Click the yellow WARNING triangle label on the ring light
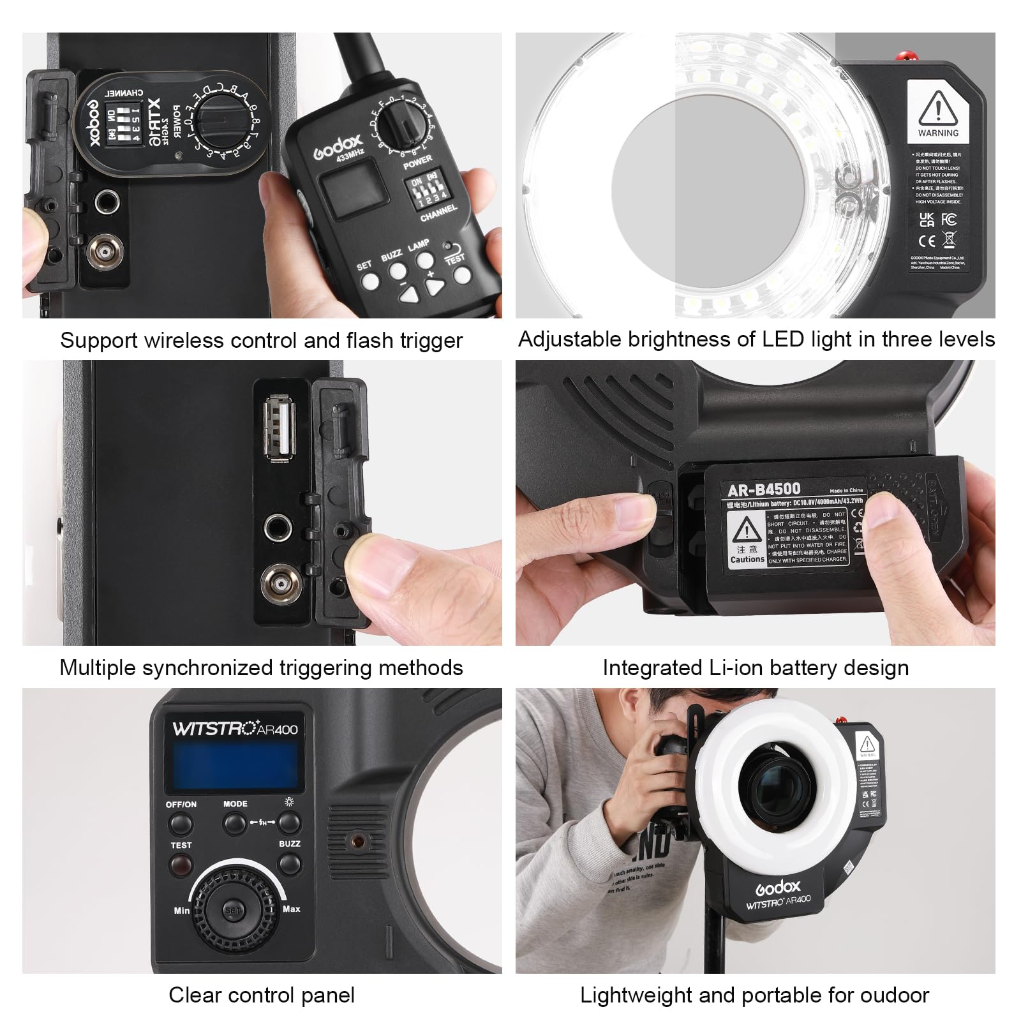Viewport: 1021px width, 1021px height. coord(938,109)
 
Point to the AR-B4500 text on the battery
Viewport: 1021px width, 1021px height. coord(764,489)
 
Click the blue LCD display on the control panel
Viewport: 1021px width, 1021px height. coord(233,766)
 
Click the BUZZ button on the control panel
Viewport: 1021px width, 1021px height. coord(290,864)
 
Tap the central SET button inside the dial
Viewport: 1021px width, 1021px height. coord(232,910)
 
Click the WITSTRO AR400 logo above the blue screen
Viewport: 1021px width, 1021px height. coord(235,729)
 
